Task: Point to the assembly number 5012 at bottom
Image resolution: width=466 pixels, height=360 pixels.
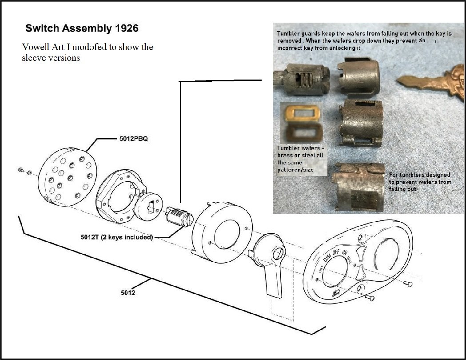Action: (x=128, y=292)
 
